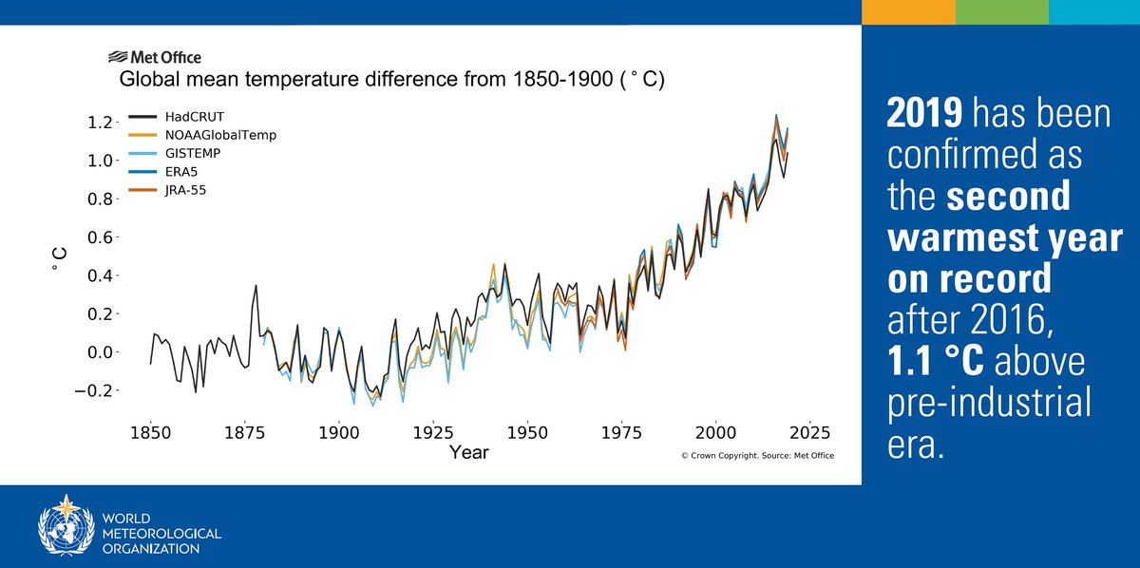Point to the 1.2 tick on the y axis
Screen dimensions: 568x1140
(x=101, y=122)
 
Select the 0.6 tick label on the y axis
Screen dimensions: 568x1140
(x=101, y=237)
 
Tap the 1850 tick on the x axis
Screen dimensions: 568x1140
(x=150, y=432)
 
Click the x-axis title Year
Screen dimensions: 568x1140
(x=469, y=452)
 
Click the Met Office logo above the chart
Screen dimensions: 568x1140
(x=155, y=57)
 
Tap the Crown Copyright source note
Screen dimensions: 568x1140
(x=757, y=456)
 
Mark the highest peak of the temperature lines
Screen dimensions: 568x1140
(x=776, y=115)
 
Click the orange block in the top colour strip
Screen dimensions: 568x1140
(x=907, y=11)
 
